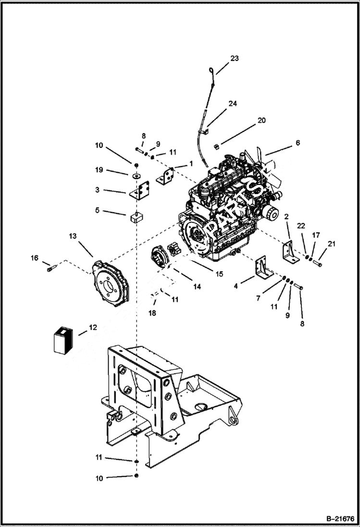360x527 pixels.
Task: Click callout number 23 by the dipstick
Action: (234, 59)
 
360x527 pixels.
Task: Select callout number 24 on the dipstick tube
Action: (233, 103)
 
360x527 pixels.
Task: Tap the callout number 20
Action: (261, 121)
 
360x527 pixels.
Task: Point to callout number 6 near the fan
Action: (298, 143)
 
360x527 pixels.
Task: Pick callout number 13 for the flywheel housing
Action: (73, 236)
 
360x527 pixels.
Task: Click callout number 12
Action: (93, 327)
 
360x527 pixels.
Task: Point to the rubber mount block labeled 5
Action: (137, 217)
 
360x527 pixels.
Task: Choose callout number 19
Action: (99, 170)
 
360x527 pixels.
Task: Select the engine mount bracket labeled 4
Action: (262, 272)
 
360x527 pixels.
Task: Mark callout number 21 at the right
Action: (331, 244)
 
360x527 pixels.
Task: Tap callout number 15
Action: (219, 274)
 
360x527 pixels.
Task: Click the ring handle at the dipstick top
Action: (211, 72)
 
